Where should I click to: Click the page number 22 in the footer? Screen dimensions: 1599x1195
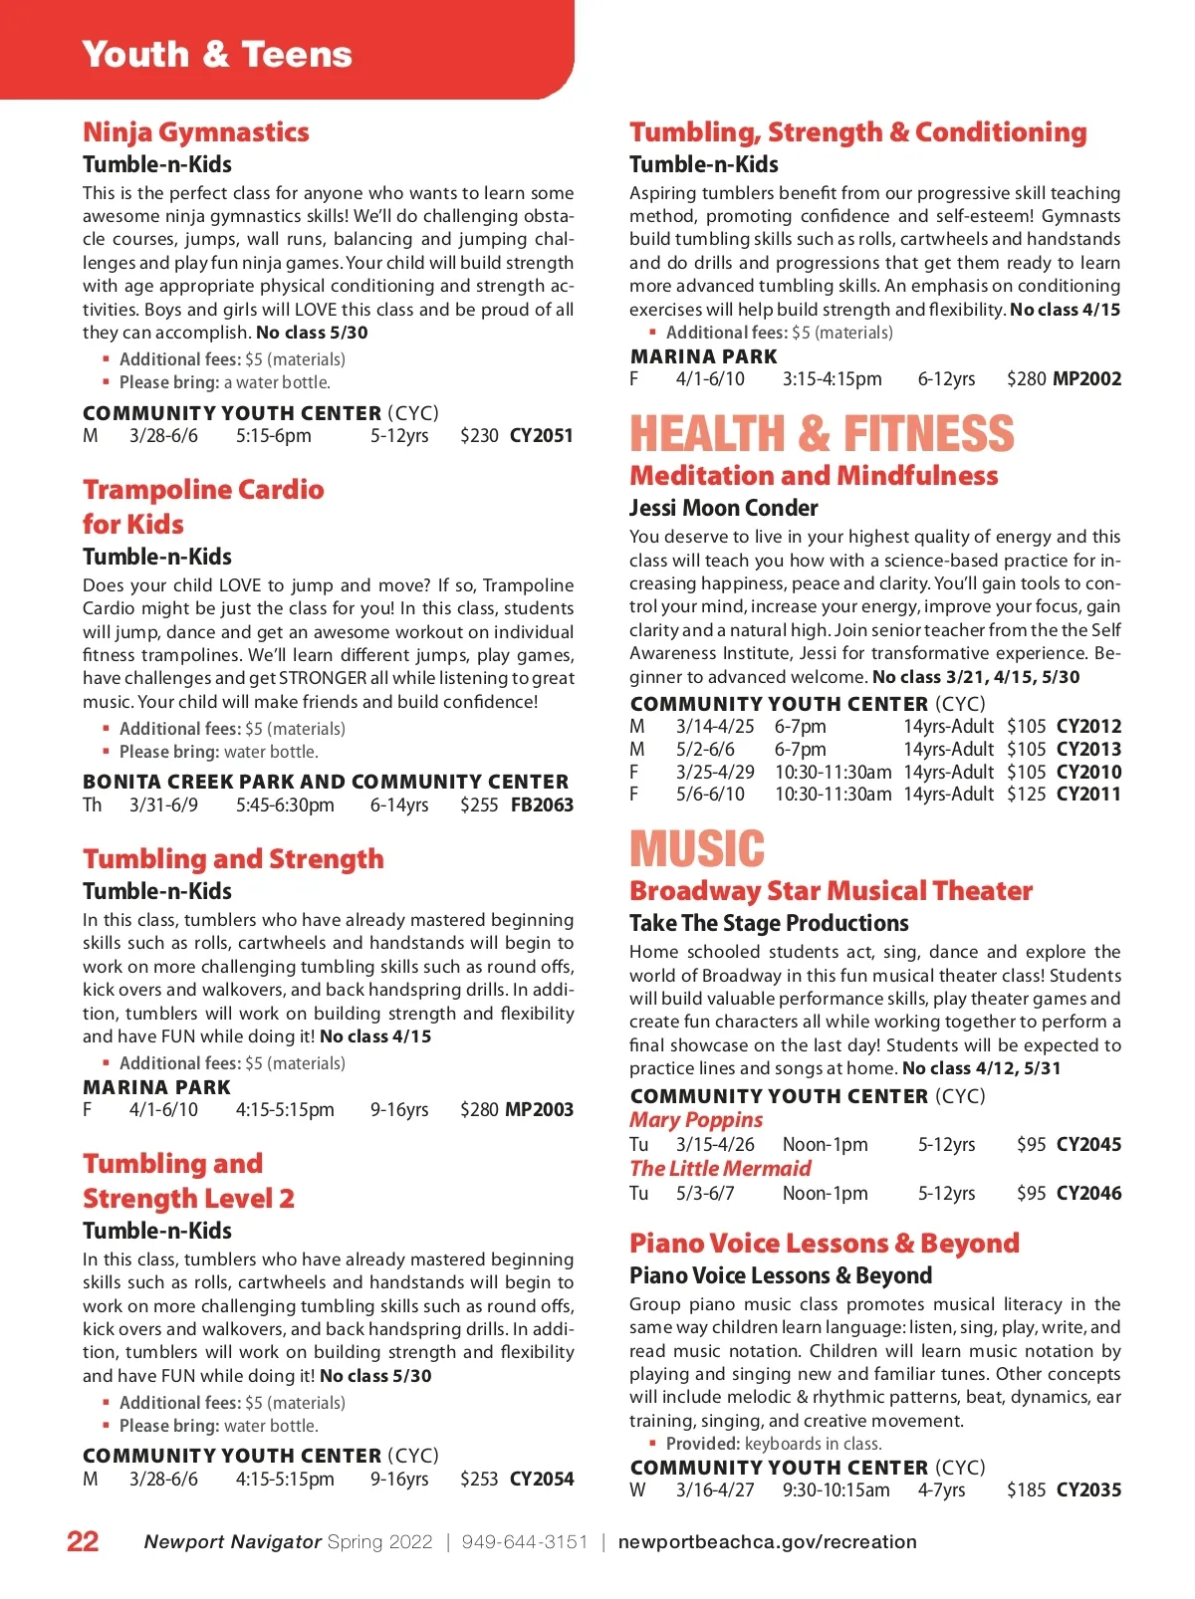coord(83,1541)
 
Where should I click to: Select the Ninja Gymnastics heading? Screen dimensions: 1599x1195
coord(196,132)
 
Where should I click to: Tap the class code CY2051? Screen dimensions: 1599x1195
coord(541,436)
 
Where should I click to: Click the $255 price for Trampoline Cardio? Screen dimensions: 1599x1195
coord(479,804)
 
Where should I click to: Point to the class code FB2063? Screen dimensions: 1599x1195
coord(542,804)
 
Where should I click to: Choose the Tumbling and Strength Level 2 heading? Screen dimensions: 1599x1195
coord(188,1181)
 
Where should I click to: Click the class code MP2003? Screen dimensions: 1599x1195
coord(539,1109)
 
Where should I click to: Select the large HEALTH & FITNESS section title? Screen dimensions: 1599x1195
coord(822,434)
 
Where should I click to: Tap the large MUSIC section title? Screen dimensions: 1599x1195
coord(697,849)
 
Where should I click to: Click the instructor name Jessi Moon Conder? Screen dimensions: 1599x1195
coord(723,508)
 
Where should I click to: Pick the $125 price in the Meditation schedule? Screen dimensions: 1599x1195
coord(1026,795)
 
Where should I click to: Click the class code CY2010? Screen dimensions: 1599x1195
coord(1088,772)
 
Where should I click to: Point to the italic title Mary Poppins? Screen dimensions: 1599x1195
coord(696,1119)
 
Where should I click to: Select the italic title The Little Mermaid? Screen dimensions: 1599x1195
coord(720,1168)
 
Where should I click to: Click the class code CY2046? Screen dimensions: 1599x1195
coord(1088,1193)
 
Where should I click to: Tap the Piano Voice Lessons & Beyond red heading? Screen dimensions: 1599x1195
coord(825,1243)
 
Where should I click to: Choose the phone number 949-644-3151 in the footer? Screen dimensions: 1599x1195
coord(525,1541)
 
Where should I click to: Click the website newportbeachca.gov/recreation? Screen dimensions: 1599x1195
coord(767,1541)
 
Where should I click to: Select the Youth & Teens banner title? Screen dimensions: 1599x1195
coord(217,54)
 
